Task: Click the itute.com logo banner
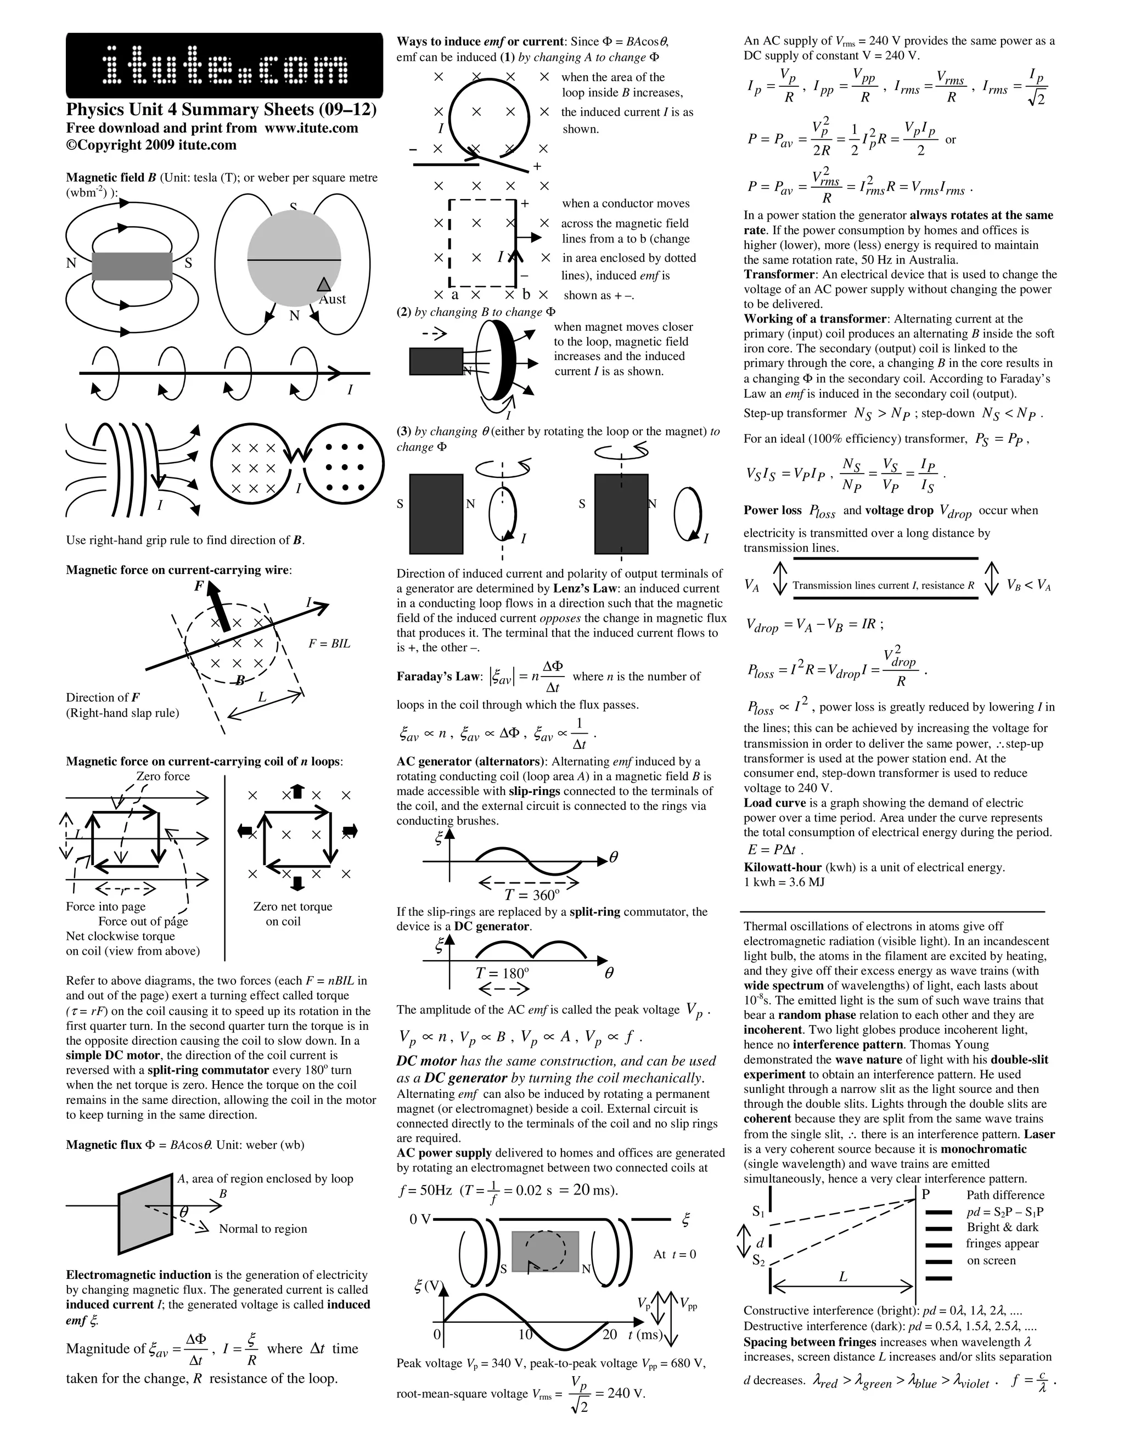[224, 66]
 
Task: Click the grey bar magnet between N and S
[132, 266]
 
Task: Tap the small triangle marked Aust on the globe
[324, 284]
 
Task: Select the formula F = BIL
[329, 644]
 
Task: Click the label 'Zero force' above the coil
[162, 776]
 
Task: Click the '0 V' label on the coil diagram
[421, 1220]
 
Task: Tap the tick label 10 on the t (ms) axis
[525, 1335]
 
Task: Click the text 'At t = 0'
[675, 1255]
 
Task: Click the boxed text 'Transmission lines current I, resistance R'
[884, 586]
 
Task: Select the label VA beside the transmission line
[752, 586]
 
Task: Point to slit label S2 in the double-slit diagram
[758, 1260]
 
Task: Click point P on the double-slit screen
[925, 1194]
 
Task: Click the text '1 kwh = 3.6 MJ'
[784, 883]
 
